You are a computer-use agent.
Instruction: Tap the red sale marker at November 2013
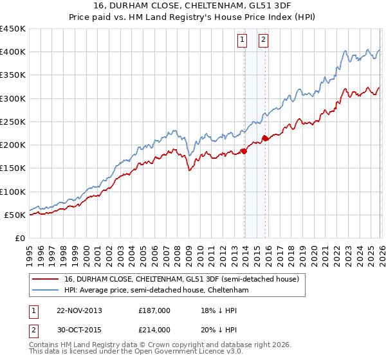(x=244, y=151)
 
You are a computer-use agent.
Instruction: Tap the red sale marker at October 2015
(x=266, y=138)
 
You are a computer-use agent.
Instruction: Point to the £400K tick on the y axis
(x=13, y=52)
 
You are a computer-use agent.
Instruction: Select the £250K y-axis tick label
(x=13, y=122)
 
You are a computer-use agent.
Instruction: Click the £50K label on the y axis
(x=15, y=215)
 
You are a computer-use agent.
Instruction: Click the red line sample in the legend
(x=44, y=280)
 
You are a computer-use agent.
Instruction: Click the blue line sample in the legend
(x=44, y=291)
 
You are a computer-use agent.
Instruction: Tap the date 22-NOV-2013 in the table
(x=80, y=310)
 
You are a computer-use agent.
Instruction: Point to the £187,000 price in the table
(x=154, y=310)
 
